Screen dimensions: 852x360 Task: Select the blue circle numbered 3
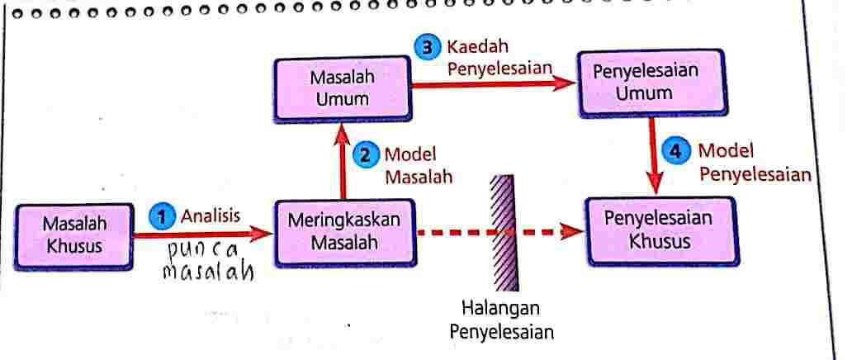pyautogui.click(x=428, y=47)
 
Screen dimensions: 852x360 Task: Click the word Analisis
pyautogui.click(x=211, y=216)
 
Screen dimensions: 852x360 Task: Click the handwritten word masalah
pyautogui.click(x=207, y=271)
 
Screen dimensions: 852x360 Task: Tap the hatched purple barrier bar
pyautogui.click(x=500, y=232)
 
